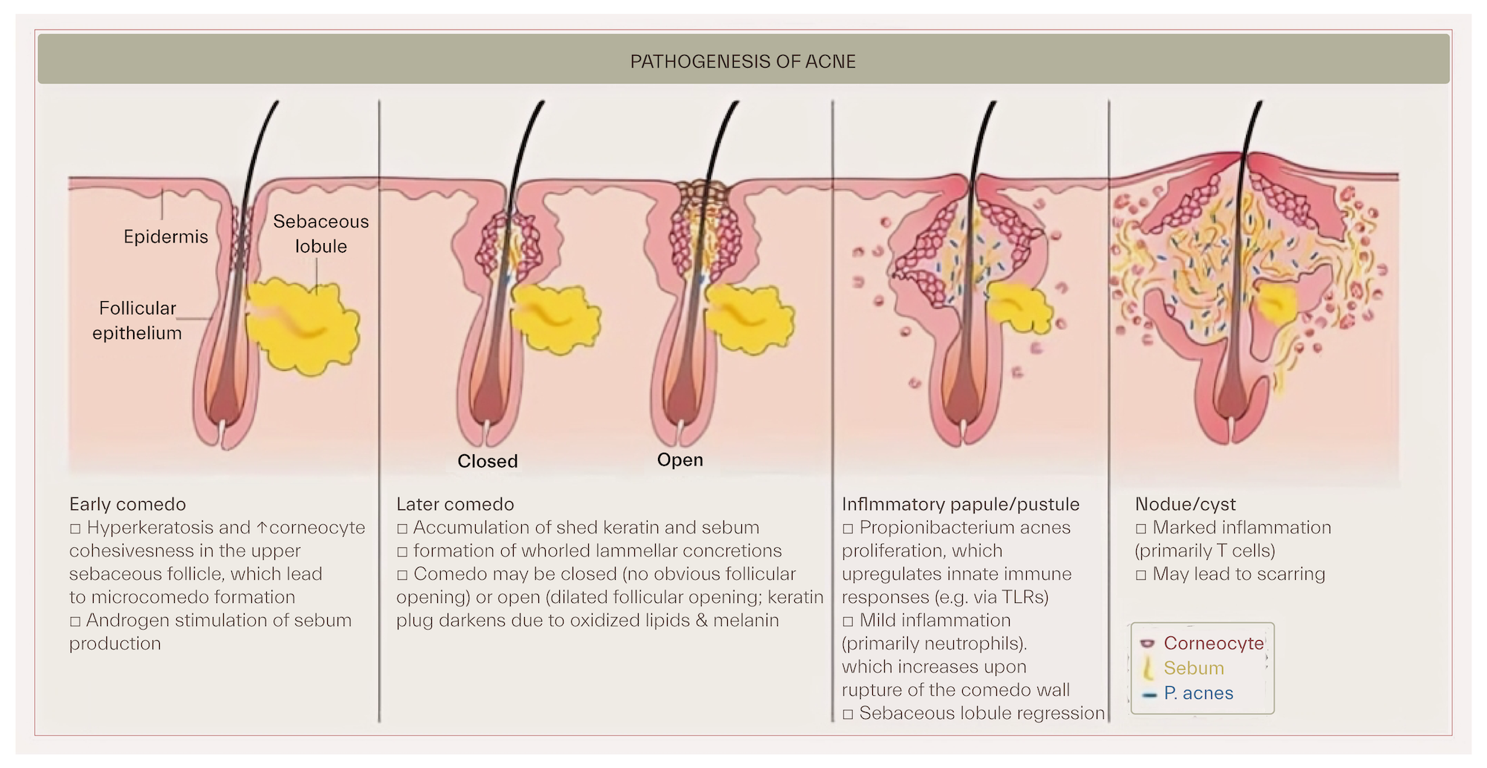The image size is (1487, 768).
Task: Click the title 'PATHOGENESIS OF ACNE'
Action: [743, 61]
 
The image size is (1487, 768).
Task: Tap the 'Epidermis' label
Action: [166, 236]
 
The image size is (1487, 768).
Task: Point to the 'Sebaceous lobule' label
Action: [320, 233]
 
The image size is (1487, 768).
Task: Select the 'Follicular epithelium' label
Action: [137, 320]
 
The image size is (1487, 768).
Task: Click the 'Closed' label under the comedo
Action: [488, 461]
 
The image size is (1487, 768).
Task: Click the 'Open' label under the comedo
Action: [680, 459]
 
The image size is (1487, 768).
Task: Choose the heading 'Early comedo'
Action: [127, 504]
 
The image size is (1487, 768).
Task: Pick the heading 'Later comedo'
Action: [455, 504]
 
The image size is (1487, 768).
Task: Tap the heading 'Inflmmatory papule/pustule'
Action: [961, 504]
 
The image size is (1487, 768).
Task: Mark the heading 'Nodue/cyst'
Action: [1185, 504]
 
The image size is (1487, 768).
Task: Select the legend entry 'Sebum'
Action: [1193, 668]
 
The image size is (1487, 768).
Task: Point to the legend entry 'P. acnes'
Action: [1199, 693]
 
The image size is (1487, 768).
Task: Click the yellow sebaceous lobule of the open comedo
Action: [748, 318]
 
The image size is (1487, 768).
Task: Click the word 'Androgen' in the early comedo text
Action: [123, 620]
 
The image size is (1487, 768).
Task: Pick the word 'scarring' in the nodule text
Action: [1291, 574]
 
